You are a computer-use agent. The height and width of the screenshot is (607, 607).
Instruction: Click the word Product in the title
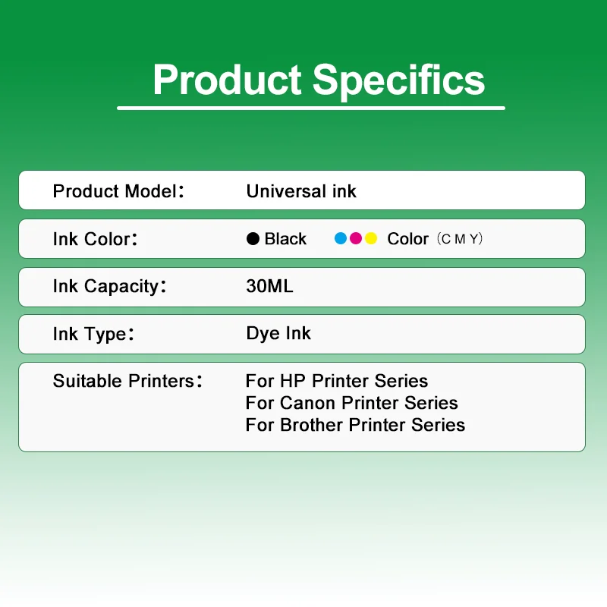pyautogui.click(x=228, y=80)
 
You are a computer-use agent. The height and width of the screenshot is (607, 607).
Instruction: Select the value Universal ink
pyautogui.click(x=301, y=191)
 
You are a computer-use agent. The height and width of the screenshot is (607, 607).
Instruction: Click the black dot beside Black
pyautogui.click(x=253, y=239)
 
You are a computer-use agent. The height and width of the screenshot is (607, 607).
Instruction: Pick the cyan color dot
pyautogui.click(x=341, y=239)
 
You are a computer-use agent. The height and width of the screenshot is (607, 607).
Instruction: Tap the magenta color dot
pyautogui.click(x=356, y=239)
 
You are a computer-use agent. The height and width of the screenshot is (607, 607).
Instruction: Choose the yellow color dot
pyautogui.click(x=371, y=239)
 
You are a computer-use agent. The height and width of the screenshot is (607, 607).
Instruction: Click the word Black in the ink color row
pyautogui.click(x=285, y=239)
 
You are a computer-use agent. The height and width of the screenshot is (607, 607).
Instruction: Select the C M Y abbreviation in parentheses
pyautogui.click(x=461, y=239)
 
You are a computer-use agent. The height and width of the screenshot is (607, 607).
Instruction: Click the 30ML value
pyautogui.click(x=269, y=287)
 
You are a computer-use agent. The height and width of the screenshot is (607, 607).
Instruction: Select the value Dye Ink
pyautogui.click(x=278, y=334)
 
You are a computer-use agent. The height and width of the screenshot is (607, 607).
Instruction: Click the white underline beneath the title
pyautogui.click(x=311, y=108)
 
